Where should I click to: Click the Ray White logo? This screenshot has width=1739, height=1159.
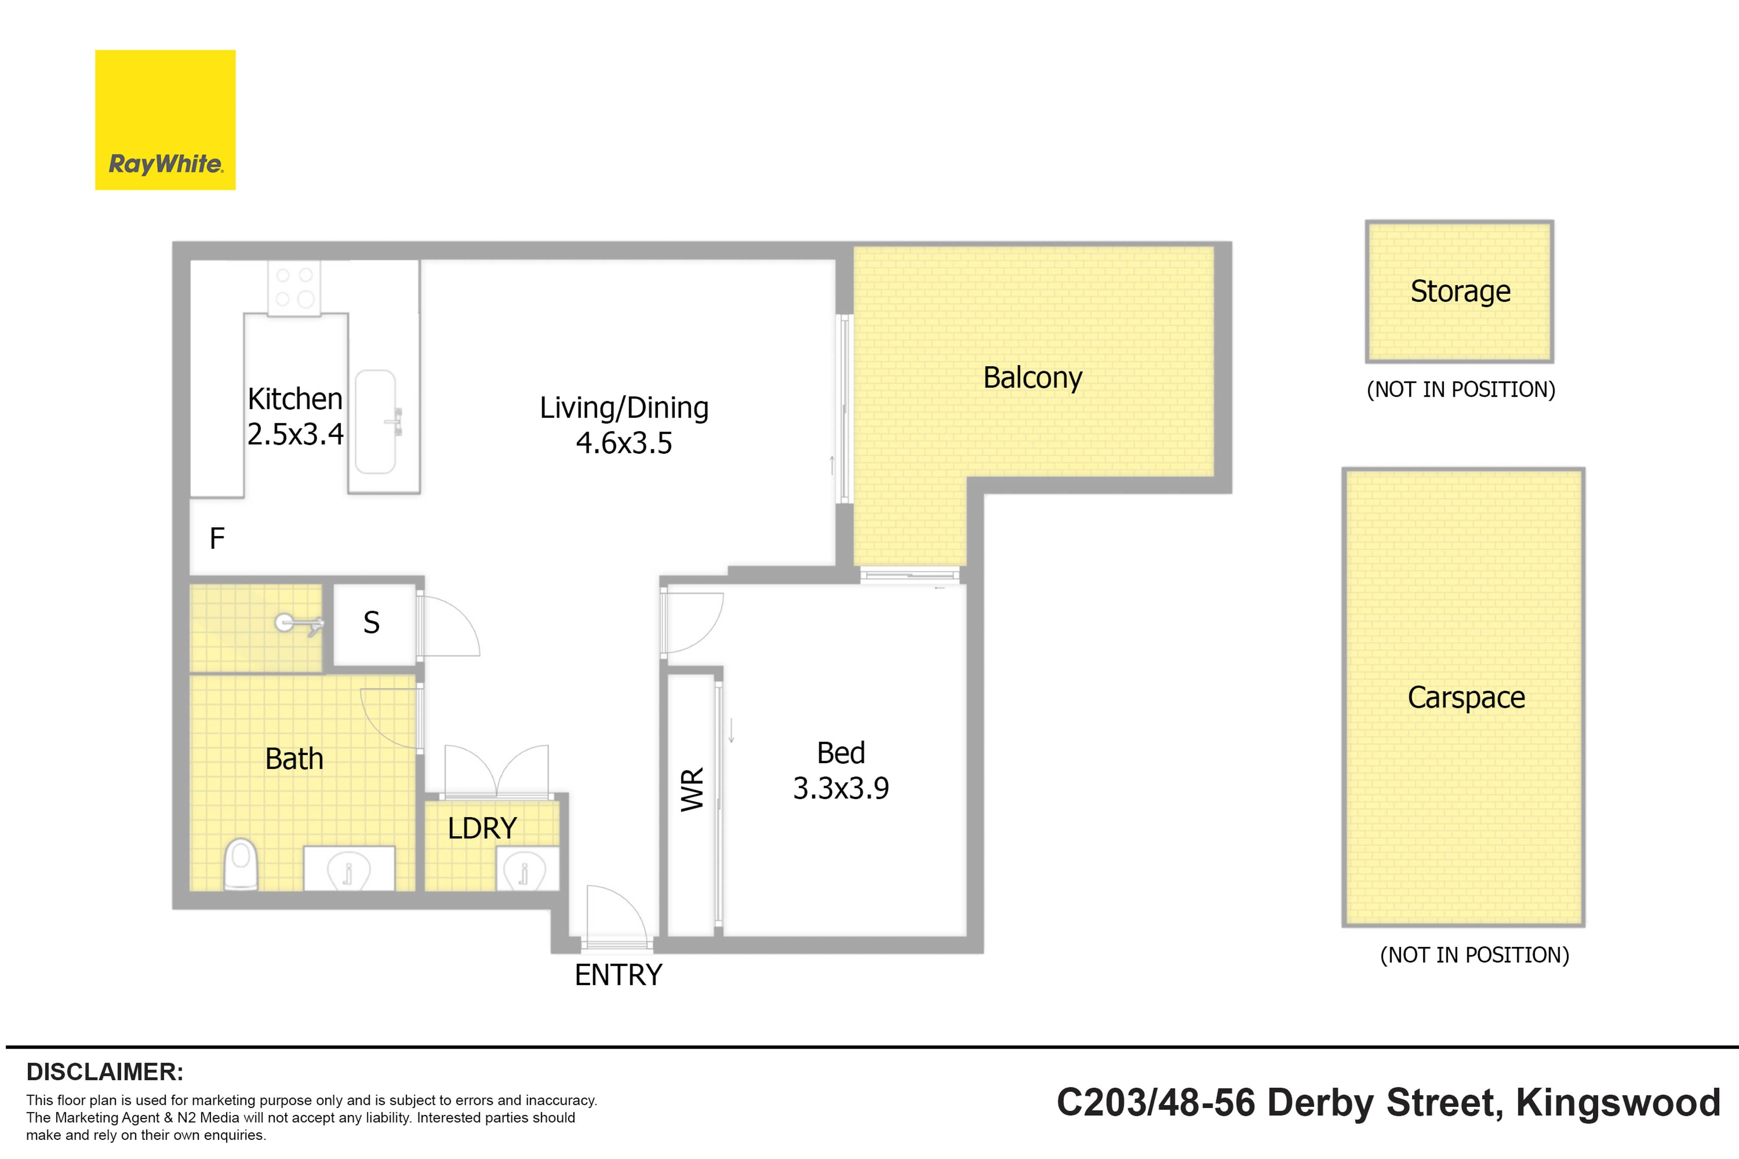coord(165,120)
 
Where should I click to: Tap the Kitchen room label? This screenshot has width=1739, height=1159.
coord(295,399)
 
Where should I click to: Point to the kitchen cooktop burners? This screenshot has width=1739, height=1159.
coord(294,288)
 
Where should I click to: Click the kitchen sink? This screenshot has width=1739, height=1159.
coord(376,422)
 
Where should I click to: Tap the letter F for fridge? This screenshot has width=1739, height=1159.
coord(217,538)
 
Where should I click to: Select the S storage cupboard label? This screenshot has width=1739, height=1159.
coord(371,622)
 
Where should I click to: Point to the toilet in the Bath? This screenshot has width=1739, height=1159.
coord(240,863)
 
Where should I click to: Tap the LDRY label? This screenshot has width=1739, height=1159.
coord(482,828)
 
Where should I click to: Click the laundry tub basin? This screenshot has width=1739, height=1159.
coord(524,870)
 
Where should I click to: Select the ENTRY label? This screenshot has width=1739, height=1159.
coord(618,975)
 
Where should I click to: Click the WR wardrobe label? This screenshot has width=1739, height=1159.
coord(693,790)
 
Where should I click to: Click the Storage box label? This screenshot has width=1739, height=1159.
coord(1460,291)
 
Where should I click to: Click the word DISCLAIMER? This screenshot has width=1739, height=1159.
coord(105,1072)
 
